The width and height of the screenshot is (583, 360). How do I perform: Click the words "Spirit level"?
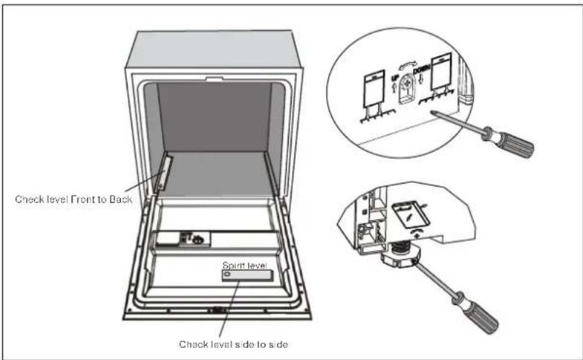point(244,265)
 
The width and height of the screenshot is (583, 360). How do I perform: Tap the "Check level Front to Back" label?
point(74,199)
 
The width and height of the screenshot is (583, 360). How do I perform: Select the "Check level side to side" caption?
point(234,344)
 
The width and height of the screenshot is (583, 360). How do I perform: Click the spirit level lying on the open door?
point(247,275)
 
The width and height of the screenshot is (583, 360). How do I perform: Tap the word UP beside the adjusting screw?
point(394,77)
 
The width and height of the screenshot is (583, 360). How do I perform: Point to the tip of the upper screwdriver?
point(432,111)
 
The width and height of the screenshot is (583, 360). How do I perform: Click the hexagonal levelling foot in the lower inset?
point(401,257)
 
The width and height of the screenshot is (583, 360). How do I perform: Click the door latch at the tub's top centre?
point(215,79)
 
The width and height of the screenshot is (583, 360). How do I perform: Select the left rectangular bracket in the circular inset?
point(374,88)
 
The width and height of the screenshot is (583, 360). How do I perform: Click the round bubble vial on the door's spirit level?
point(228,275)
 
